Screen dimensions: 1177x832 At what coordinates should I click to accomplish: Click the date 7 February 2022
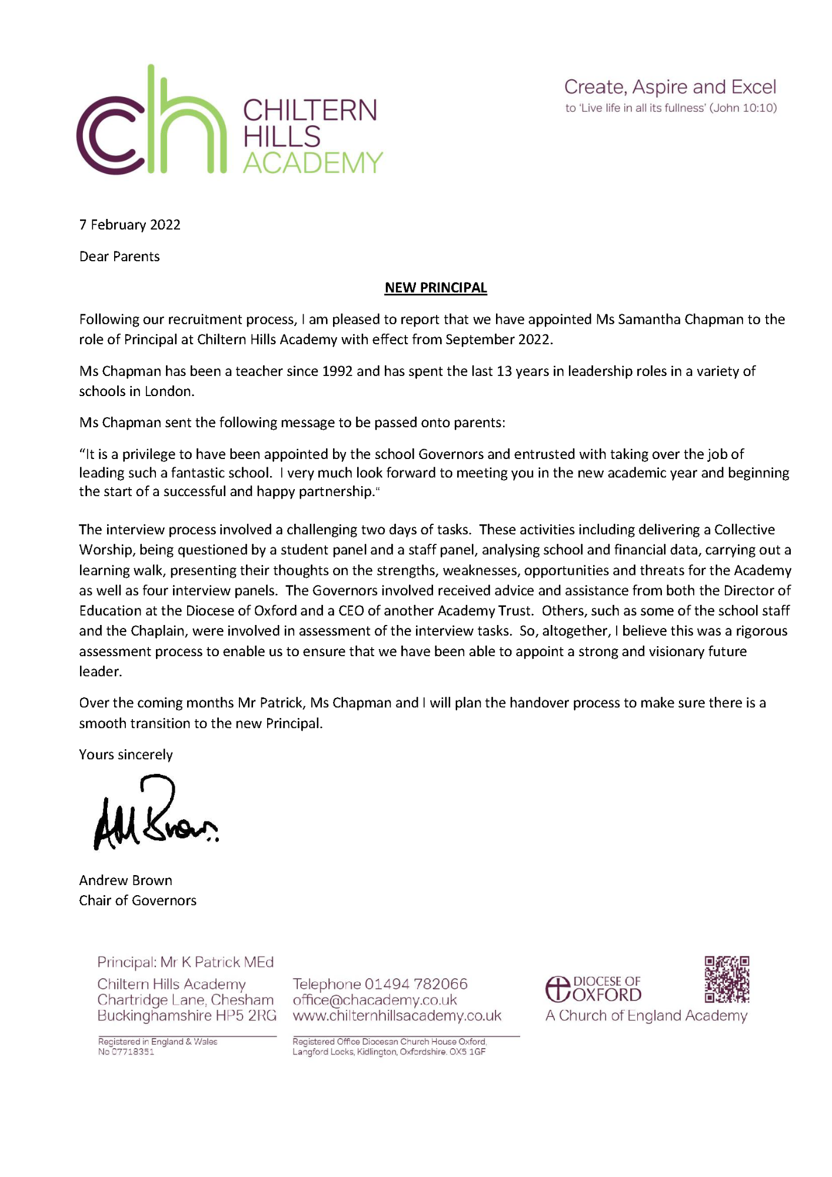[x=129, y=225]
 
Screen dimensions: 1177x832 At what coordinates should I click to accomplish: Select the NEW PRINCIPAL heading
[x=435, y=288]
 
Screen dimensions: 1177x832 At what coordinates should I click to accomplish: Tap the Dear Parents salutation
[x=119, y=257]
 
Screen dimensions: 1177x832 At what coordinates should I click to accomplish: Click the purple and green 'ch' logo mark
[x=151, y=121]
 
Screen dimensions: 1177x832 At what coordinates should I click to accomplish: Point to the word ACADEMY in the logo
[x=312, y=163]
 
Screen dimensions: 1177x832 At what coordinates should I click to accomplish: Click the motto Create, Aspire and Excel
[x=670, y=87]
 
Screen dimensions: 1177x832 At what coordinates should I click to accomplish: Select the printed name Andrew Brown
[x=125, y=880]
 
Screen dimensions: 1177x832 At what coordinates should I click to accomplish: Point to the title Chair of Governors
[x=138, y=900]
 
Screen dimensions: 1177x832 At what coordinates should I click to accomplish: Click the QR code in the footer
[x=727, y=979]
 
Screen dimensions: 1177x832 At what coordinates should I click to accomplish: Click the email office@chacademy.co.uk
[x=375, y=1000]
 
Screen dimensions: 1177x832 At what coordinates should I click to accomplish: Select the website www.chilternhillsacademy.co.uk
[x=397, y=1016]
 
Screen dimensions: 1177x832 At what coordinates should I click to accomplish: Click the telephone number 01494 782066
[x=416, y=984]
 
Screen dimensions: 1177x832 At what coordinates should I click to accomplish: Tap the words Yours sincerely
[x=126, y=755]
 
